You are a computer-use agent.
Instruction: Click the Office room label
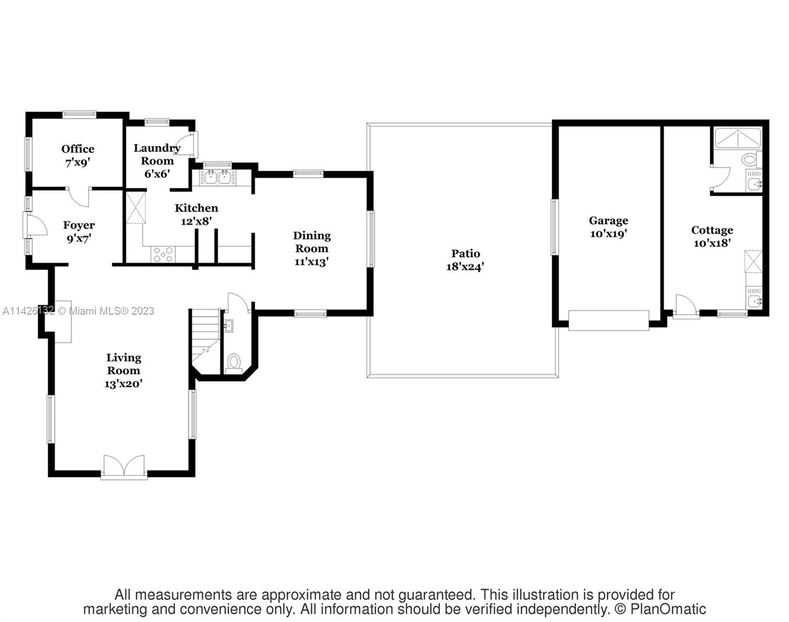point(78,149)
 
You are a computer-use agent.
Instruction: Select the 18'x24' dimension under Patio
point(465,267)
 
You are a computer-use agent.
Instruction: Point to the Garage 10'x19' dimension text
point(608,234)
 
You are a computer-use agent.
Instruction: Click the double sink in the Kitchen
point(217,178)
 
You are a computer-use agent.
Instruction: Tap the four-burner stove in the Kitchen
point(163,255)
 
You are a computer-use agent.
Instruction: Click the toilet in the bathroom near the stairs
point(234,361)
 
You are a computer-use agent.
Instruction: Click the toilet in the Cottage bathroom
point(750,159)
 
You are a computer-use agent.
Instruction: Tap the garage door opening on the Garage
point(608,320)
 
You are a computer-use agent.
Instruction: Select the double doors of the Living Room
point(124,466)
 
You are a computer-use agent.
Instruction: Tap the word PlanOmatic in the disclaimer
point(668,609)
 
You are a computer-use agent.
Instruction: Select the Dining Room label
point(312,242)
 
